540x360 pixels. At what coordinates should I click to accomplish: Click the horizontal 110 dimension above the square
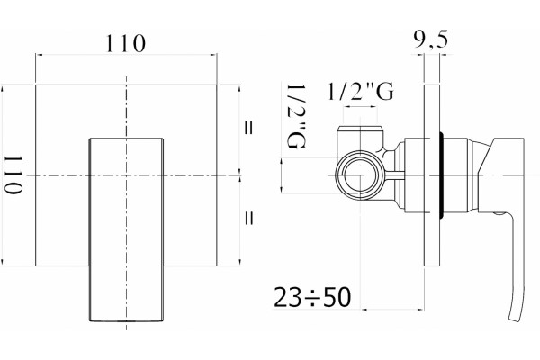coord(126,43)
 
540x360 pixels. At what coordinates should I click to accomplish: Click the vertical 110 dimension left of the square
coord(13,175)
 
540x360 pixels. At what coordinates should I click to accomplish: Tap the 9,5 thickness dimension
coord(431,40)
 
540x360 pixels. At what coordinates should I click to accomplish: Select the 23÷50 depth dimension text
coord(312,297)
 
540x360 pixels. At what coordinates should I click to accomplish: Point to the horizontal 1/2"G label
coord(360,91)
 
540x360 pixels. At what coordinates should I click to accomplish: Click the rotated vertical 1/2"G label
coord(296,116)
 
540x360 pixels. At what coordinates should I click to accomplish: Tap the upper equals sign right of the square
coord(248,128)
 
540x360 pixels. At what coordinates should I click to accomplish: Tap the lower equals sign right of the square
coord(248,218)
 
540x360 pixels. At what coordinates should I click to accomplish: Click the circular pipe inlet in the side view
coord(359,175)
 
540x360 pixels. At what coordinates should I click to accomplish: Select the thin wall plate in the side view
coord(432,175)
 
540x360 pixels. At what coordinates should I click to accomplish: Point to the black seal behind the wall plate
coord(442,175)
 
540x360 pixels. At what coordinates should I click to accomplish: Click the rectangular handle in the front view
coord(126,229)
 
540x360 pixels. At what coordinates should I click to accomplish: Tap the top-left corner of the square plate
coord(36,85)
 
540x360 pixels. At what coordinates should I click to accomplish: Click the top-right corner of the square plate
coord(217,85)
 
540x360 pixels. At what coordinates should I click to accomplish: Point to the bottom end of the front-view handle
coord(126,320)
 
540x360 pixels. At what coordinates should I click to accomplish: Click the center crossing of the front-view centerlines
coord(126,175)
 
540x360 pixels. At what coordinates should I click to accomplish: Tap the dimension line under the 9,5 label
coord(432,54)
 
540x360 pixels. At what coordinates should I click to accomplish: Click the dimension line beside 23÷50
coord(392,310)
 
